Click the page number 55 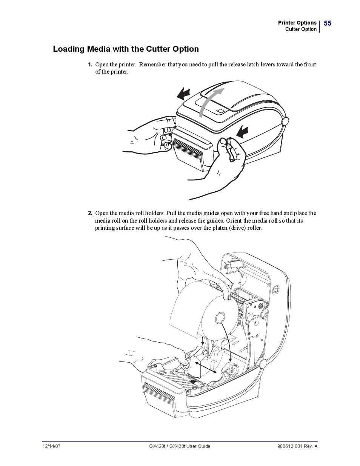[x=327, y=23]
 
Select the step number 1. [x=90, y=65]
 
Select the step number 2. [x=90, y=213]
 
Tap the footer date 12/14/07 [x=51, y=446]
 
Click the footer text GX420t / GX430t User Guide [x=180, y=446]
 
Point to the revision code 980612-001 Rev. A [x=297, y=446]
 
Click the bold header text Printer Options [x=297, y=23]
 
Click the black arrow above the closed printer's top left [x=184, y=93]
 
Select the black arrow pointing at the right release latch [x=242, y=132]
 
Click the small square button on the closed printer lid [x=220, y=111]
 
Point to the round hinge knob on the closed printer [x=285, y=121]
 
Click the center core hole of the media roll [x=220, y=318]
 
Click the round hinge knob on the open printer [x=263, y=364]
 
